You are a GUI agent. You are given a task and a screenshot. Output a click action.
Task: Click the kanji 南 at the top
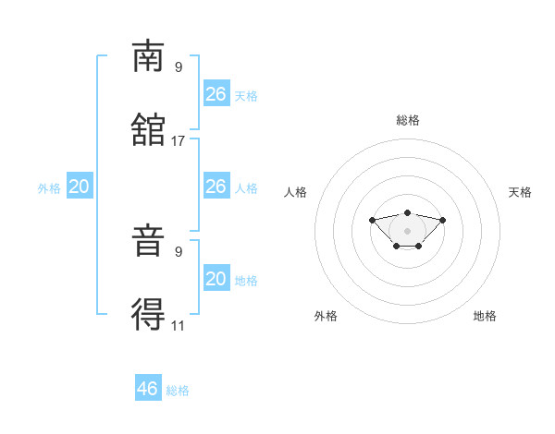[x=148, y=56]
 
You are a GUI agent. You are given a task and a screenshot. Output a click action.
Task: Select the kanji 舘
[x=148, y=129]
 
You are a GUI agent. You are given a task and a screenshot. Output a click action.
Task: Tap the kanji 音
[x=148, y=240]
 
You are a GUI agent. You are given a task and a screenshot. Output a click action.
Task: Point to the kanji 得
[x=148, y=314]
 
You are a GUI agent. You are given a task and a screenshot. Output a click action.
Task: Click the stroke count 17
[x=178, y=141]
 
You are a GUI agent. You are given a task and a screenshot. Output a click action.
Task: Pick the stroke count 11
[x=178, y=326]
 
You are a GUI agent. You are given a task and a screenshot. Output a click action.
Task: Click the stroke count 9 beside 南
[x=179, y=67]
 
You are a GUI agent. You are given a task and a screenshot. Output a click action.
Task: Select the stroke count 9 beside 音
[x=179, y=252]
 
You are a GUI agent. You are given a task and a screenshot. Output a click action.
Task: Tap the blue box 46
[x=148, y=387]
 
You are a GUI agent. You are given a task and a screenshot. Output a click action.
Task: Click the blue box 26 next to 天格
[x=216, y=93]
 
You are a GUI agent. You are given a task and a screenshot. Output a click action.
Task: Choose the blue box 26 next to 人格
[x=216, y=186]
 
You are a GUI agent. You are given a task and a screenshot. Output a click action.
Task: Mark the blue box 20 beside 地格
[x=216, y=277]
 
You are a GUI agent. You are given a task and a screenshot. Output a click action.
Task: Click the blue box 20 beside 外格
[x=80, y=186]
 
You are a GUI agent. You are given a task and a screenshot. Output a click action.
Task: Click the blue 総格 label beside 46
[x=178, y=391]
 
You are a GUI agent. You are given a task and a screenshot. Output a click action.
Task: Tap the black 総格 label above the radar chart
[x=408, y=120]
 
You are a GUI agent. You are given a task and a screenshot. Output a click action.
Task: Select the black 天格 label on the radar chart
[x=520, y=192]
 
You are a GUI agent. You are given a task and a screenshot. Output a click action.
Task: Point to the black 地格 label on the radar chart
[x=485, y=316]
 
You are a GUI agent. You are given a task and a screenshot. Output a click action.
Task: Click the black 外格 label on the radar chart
[x=326, y=316]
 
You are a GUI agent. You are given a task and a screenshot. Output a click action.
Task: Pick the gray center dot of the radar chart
[x=407, y=231]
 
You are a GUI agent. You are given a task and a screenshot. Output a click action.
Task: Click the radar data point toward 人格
[x=372, y=220]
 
